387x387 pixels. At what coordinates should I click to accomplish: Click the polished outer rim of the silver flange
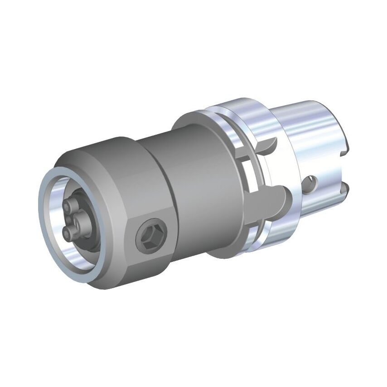click(x=227, y=113)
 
